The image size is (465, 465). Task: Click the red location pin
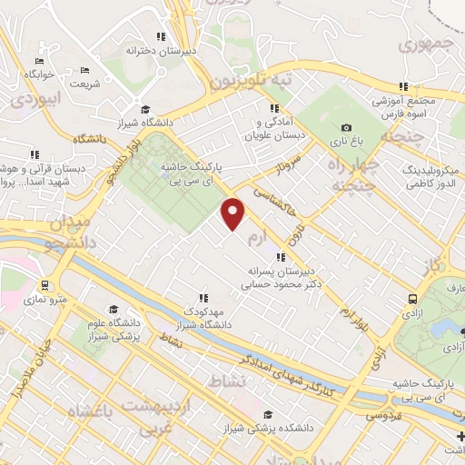[234, 213]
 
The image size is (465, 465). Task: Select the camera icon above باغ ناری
[346, 128]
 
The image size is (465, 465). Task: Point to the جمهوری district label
[426, 43]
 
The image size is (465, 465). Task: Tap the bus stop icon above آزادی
[413, 298]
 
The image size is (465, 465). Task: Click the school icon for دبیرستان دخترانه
[160, 37]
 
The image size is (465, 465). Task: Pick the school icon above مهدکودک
[203, 297]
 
